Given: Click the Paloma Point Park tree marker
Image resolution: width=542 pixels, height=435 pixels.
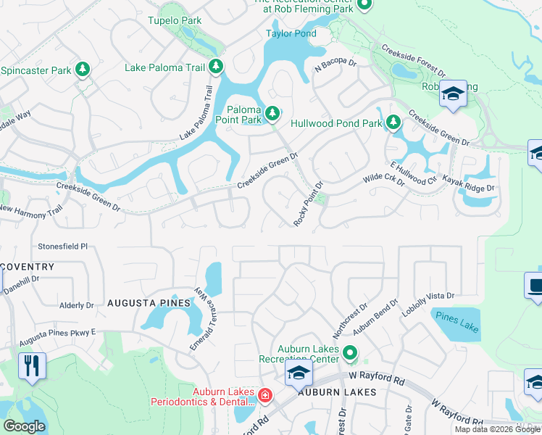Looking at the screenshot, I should [x=272, y=112].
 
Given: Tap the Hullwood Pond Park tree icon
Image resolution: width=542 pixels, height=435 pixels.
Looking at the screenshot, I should [x=393, y=123].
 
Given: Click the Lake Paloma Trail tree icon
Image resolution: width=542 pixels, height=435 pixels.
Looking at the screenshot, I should [x=216, y=67].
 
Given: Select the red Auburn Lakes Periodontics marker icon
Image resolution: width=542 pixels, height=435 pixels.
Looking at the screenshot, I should [x=266, y=395].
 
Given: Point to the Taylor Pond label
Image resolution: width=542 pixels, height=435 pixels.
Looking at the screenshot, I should [x=291, y=33].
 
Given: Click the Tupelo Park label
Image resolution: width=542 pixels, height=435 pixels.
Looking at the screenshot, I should [x=175, y=20].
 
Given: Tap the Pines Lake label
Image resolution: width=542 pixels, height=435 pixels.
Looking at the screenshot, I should [x=456, y=320].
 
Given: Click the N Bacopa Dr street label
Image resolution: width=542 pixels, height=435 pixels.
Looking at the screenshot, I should [x=335, y=66].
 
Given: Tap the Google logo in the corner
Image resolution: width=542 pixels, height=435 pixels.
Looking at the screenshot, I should [x=24, y=426].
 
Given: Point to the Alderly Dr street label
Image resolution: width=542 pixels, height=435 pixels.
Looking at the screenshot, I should [x=77, y=306].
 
